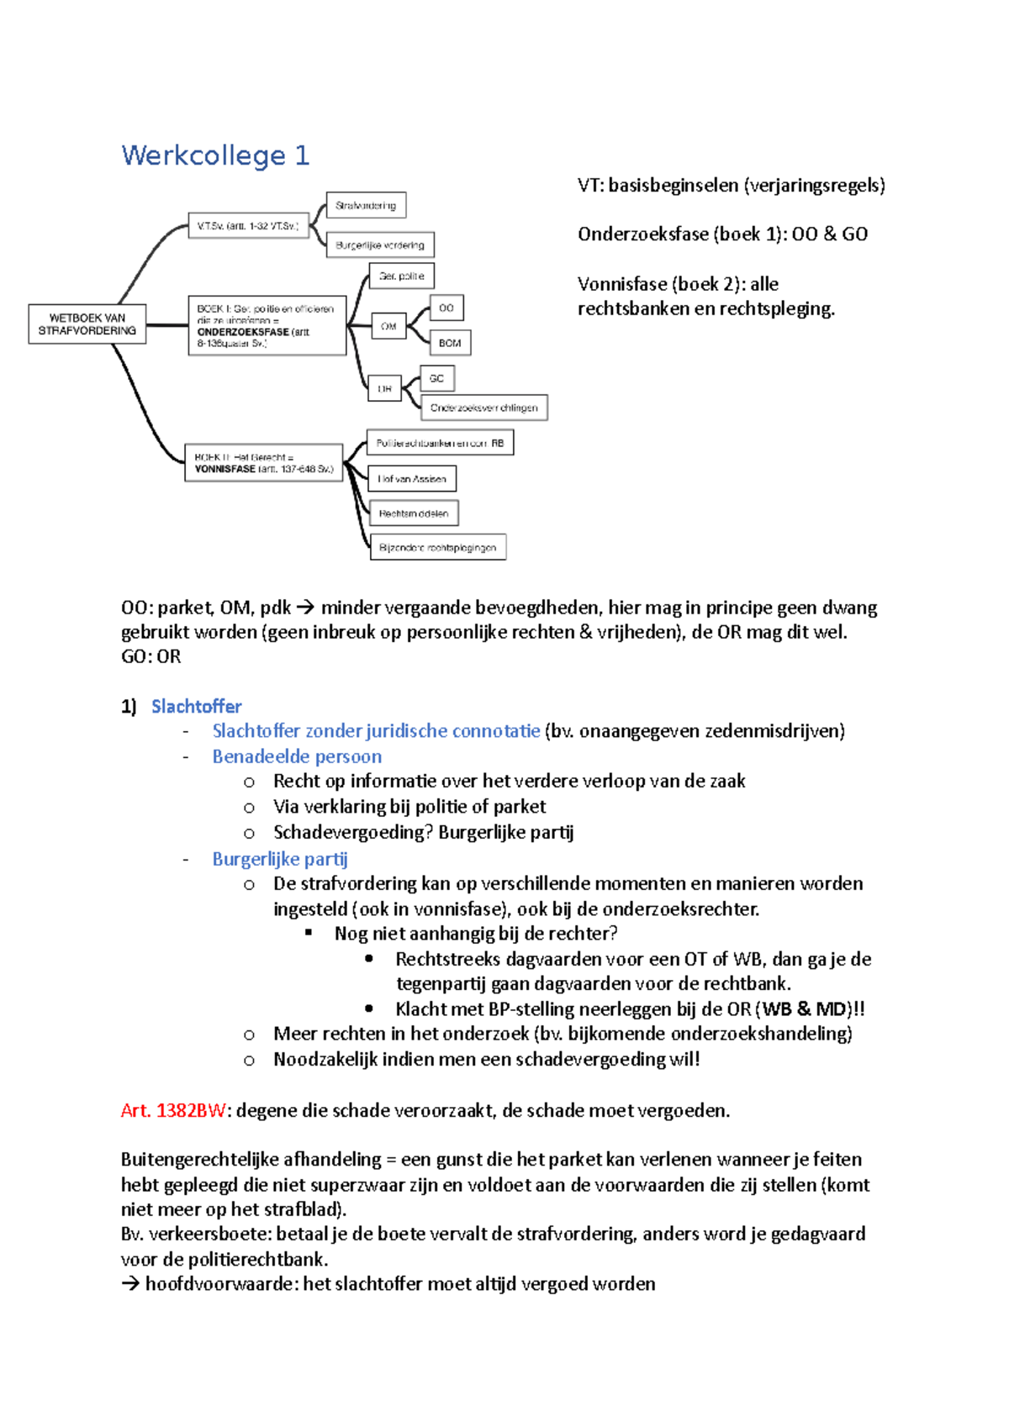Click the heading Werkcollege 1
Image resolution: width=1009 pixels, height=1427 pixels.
coord(215,155)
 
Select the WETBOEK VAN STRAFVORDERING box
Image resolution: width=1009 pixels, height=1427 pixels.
coord(87,324)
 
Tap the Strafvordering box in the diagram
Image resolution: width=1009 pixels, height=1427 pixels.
coord(366,205)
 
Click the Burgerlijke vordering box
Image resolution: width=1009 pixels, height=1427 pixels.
coord(379,245)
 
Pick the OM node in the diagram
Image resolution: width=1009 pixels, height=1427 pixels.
coord(388,326)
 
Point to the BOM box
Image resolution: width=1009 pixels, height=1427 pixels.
coord(450,343)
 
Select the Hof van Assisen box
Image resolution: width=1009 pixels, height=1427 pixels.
coord(412,479)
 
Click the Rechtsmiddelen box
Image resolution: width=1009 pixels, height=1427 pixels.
coord(414,513)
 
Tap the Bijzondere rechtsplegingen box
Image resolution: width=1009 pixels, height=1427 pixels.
coord(437,548)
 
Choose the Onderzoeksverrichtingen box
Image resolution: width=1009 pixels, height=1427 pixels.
coord(483,408)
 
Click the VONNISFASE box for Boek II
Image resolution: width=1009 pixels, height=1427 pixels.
coord(263,463)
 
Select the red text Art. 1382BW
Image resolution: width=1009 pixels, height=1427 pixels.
coord(173,1111)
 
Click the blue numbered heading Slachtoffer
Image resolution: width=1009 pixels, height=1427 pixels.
coord(196,707)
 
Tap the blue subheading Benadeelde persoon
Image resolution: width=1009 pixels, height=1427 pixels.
coord(297,756)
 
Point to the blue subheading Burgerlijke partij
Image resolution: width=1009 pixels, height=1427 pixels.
coord(279,859)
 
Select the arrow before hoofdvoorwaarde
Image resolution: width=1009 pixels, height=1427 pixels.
coord(130,1284)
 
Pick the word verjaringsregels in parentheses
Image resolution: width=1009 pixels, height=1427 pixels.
coord(815,186)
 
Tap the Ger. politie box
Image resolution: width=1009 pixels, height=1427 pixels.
coord(401,276)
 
